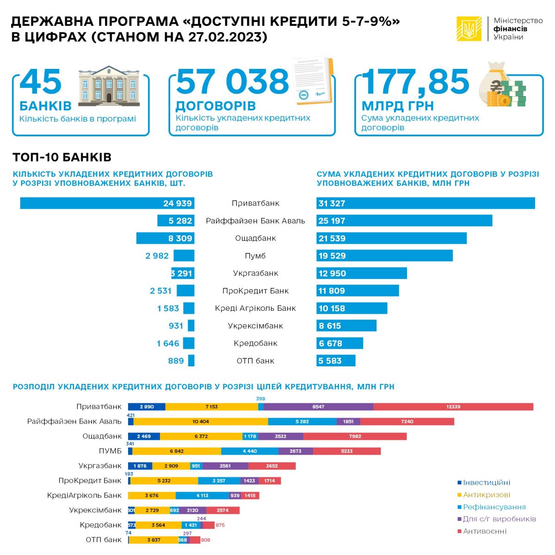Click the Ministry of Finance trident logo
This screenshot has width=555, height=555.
click(x=469, y=29)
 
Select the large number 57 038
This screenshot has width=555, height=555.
click(x=232, y=82)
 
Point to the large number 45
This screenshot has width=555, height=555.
click(x=41, y=82)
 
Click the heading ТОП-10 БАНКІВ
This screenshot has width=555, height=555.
click(x=62, y=157)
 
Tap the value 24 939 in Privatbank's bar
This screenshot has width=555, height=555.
click(x=178, y=203)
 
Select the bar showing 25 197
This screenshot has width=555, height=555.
click(x=404, y=221)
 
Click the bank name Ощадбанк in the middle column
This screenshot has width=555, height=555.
click(x=255, y=238)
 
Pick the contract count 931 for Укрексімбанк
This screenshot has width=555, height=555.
click(x=176, y=326)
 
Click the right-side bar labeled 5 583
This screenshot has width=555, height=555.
click(x=336, y=361)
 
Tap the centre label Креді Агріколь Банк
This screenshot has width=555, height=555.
click(x=255, y=308)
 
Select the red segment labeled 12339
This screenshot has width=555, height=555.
click(x=453, y=407)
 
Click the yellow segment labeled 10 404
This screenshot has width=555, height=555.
click(x=201, y=421)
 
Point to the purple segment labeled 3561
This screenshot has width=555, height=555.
click(x=225, y=466)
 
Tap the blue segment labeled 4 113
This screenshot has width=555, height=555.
click(x=202, y=495)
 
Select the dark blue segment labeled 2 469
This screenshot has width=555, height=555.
click(x=144, y=436)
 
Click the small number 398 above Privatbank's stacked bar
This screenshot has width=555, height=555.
click(x=261, y=399)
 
